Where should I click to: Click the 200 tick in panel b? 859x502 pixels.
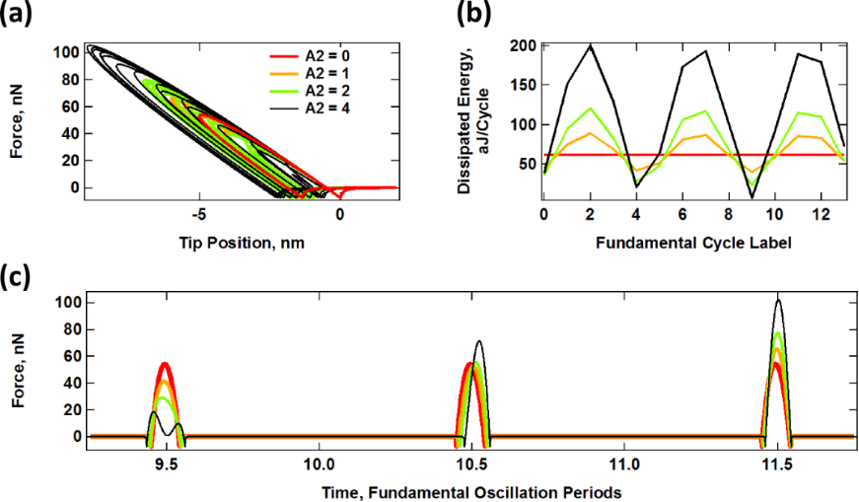523,45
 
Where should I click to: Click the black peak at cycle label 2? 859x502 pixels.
590,44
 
